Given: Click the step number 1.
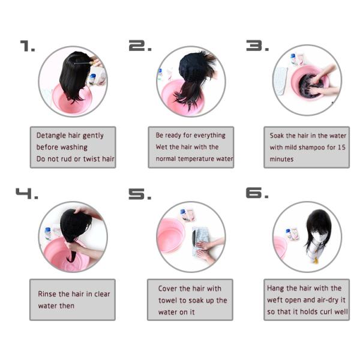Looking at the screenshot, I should coord(28,46).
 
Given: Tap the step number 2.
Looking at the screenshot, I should coord(140,46).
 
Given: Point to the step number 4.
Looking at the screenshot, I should coord(26,193).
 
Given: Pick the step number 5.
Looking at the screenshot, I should coord(140,193).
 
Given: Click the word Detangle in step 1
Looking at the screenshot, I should coord(51,136).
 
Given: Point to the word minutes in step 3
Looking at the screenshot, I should coord(281,159).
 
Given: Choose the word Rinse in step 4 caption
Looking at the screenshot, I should coord(47,294).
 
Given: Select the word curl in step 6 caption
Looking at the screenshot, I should coord(322,311).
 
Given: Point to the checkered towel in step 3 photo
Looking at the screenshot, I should coord(280,81).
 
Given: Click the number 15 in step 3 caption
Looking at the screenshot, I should coord(341,148).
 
